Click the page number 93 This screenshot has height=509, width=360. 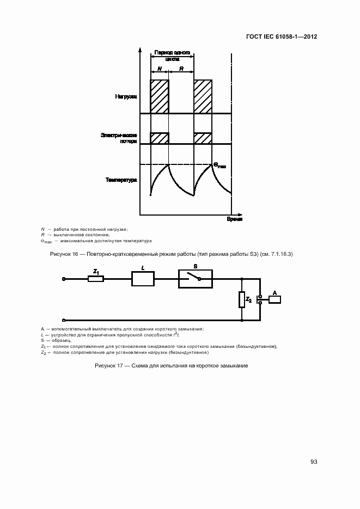click(x=314, y=462)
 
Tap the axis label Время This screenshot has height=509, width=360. click(x=235, y=219)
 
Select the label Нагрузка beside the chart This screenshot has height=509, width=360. click(x=126, y=97)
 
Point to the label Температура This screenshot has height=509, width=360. click(x=121, y=179)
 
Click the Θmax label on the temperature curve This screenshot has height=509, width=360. click(x=219, y=164)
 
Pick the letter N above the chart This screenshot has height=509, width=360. click(x=160, y=69)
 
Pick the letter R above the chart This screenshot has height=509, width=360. click(x=181, y=69)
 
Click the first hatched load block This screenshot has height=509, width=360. click(x=160, y=96)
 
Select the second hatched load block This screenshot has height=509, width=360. click(x=203, y=96)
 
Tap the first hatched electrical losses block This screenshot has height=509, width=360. click(x=160, y=138)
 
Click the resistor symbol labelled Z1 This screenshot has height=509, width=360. click(x=96, y=279)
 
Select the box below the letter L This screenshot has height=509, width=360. click(x=143, y=279)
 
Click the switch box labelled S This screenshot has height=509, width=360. click(x=195, y=279)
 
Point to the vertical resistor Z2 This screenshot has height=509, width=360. click(x=241, y=299)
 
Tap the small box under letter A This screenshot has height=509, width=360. click(x=274, y=299)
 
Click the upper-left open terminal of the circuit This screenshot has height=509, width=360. click(x=64, y=279)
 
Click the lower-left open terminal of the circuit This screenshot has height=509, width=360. click(x=64, y=321)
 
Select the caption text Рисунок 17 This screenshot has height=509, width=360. click(x=111, y=366)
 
